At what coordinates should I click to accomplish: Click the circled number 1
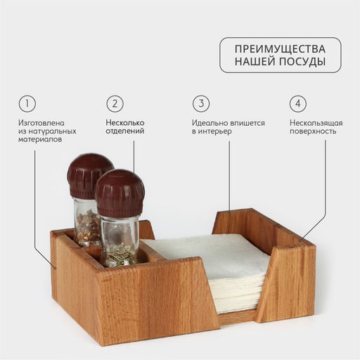point(27,103)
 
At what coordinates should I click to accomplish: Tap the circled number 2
point(115,103)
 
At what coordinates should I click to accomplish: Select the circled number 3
point(201,103)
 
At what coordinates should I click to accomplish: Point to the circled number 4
point(298,103)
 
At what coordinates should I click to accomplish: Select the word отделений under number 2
point(124,131)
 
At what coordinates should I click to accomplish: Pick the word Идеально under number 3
point(209,122)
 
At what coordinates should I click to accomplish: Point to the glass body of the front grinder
point(120,239)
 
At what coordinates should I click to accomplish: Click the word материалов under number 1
point(40,140)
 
